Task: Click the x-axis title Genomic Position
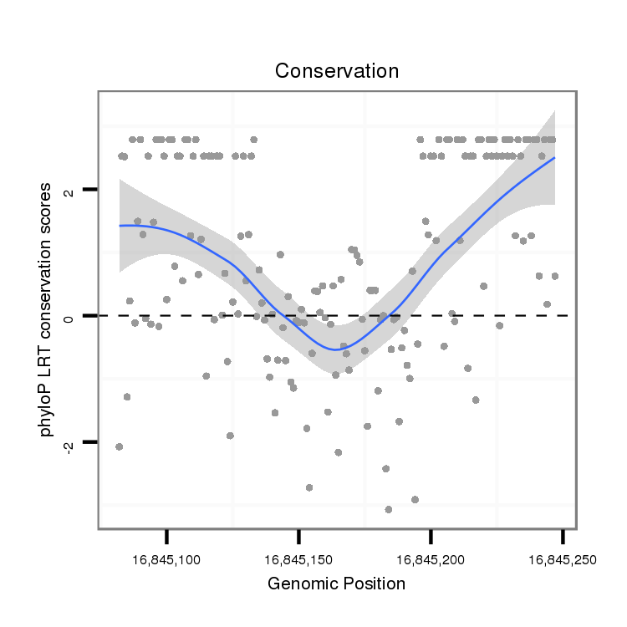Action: coord(336,584)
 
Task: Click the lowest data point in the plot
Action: coord(388,509)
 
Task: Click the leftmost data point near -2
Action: coord(119,446)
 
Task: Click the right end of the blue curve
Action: coord(554,157)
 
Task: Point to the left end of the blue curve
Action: coord(120,226)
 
